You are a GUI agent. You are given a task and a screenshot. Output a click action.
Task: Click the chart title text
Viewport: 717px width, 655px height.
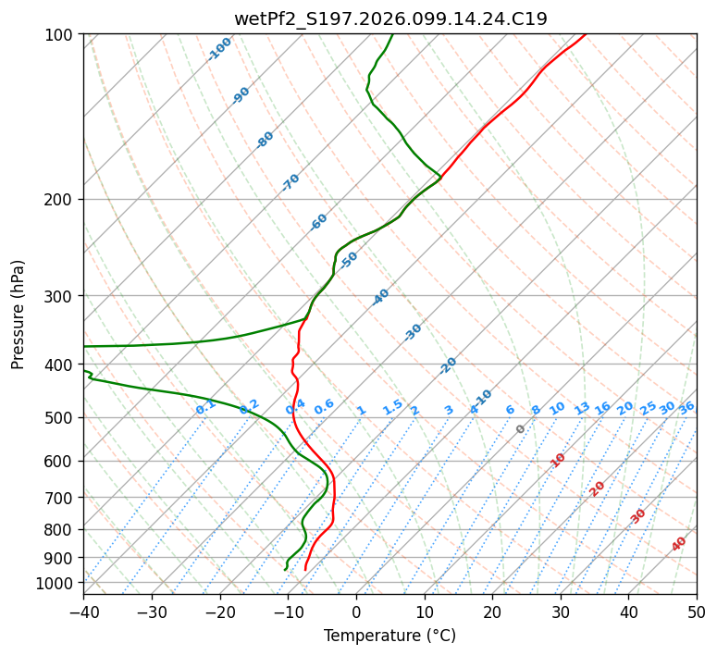390,19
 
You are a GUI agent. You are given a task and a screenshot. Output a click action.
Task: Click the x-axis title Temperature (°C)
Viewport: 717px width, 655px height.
389,636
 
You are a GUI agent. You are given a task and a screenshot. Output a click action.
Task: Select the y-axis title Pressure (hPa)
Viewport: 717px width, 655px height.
19,315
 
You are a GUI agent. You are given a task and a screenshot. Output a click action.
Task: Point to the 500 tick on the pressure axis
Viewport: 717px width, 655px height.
58,418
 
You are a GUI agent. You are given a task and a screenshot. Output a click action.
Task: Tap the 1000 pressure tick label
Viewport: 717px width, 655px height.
55,583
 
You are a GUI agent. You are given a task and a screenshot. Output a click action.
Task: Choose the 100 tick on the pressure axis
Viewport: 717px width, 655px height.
58,35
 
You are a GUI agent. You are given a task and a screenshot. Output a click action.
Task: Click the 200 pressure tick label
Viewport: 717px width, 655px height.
58,200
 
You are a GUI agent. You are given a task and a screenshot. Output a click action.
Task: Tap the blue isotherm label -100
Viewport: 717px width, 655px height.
220,49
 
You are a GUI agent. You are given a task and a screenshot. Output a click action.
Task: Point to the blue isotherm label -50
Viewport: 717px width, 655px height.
349,260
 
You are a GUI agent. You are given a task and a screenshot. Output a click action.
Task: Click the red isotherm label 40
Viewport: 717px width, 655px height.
679,544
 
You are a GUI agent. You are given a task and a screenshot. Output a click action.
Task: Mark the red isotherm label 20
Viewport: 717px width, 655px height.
598,488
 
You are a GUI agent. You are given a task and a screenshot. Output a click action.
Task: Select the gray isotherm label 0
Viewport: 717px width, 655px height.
521,429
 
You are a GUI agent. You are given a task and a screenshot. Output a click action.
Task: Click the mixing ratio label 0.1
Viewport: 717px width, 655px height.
206,406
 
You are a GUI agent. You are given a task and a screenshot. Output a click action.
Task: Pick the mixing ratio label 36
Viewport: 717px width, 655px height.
686,407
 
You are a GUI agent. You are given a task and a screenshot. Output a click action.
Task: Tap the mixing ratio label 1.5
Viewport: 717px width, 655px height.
393,406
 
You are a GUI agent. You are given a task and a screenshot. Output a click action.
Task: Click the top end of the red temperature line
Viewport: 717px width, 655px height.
585,35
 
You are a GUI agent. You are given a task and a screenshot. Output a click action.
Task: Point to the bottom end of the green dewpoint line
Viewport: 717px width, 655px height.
286,570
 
